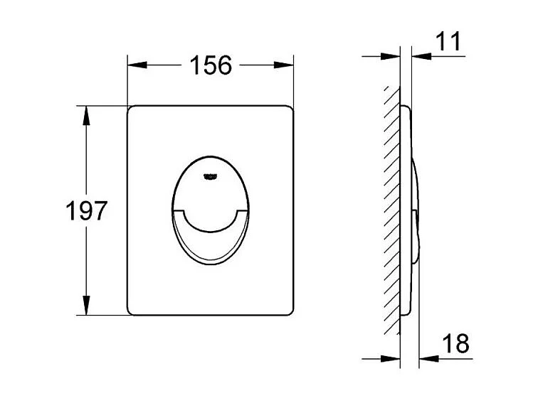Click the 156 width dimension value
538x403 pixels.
tap(211, 65)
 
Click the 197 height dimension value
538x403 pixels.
tap(85, 211)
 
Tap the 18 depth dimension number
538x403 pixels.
tap(455, 344)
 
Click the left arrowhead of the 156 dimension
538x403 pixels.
tap(134, 65)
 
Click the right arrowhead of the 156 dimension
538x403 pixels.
tap(288, 65)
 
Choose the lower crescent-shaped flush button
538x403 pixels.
tap(210, 238)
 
